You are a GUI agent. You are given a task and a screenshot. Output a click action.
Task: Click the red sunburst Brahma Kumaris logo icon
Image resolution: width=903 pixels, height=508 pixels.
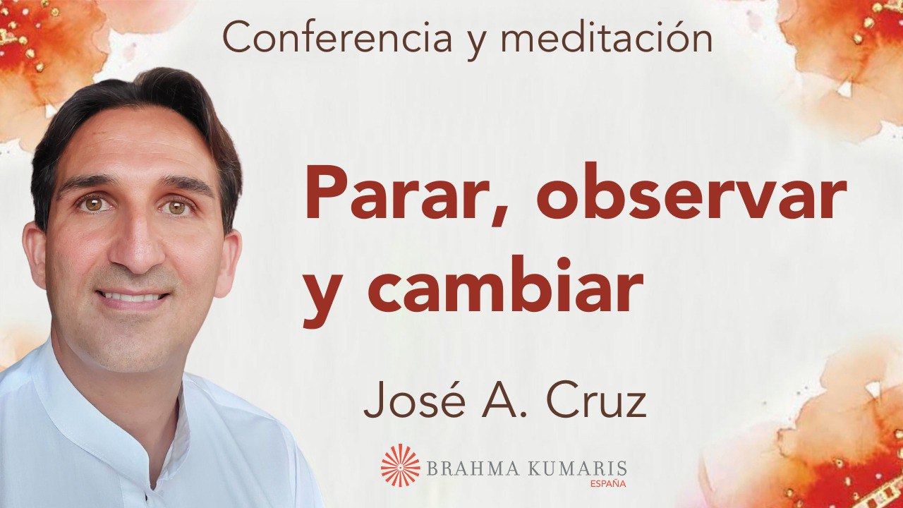coord(400,465)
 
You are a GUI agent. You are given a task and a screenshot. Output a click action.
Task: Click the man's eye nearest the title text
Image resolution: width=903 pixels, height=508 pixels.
coord(177,207)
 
